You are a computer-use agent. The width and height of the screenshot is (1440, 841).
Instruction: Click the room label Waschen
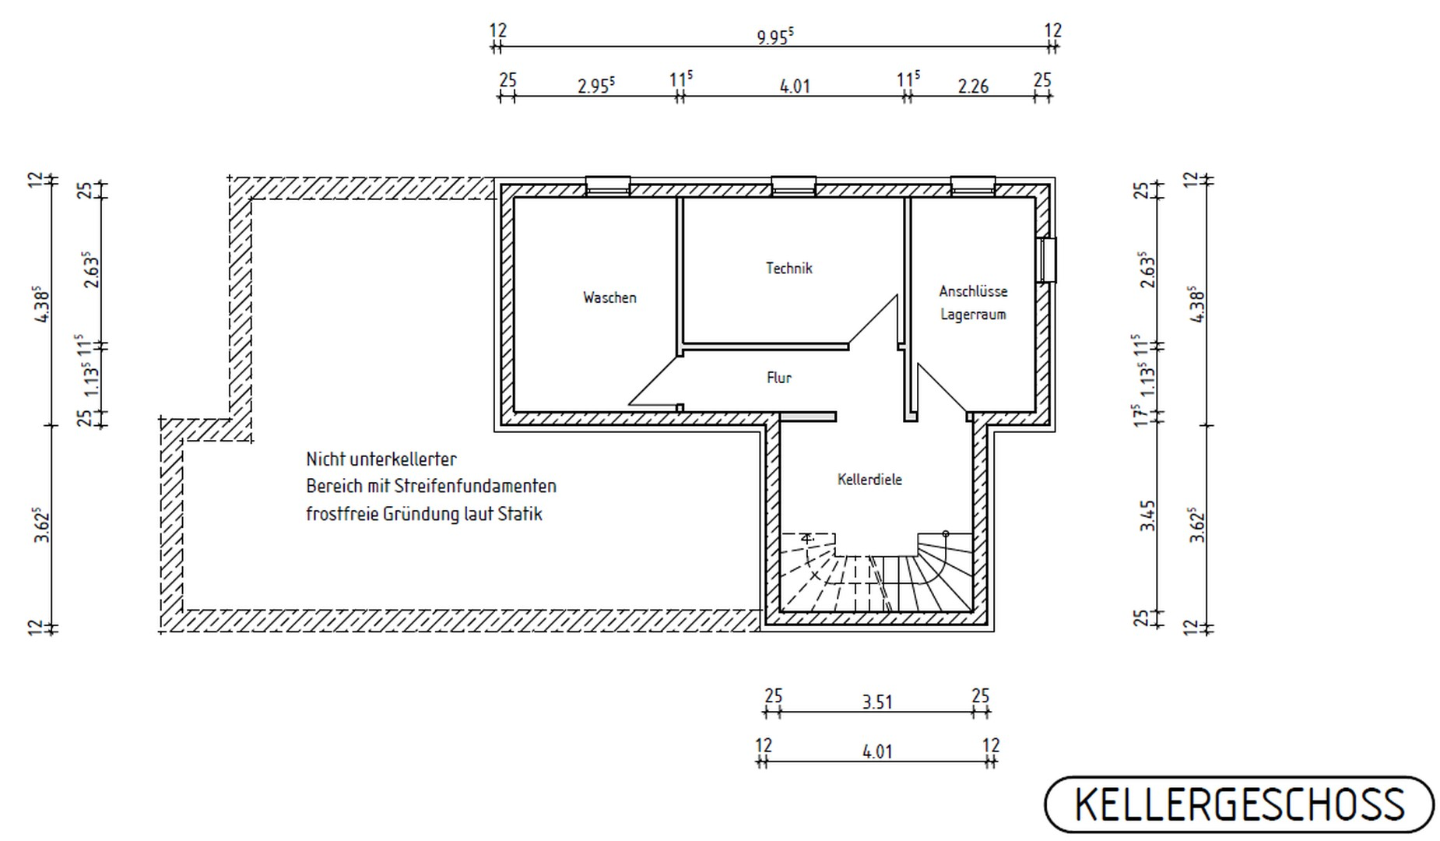point(609,297)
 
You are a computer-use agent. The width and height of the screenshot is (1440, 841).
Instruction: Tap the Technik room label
point(788,268)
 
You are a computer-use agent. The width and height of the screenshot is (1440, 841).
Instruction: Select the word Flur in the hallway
point(778,378)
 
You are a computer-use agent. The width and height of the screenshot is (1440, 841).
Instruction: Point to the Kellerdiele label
point(869,480)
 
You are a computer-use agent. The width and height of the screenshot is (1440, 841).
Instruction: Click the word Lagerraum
point(973,315)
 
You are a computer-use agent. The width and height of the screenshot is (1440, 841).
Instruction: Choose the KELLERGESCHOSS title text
point(1239,805)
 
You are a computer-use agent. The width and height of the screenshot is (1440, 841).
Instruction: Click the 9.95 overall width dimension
point(775,37)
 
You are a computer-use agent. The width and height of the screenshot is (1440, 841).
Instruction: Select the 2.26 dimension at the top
point(973,86)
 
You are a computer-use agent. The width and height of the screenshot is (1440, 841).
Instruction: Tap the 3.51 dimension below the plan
point(877,702)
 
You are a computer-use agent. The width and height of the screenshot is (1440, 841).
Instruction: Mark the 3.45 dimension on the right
point(1148,516)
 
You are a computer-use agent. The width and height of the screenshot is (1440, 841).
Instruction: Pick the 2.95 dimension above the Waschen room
point(596,84)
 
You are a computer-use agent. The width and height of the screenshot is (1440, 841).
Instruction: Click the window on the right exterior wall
point(1046,259)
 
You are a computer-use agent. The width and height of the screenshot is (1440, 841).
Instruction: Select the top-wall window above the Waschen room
point(608,186)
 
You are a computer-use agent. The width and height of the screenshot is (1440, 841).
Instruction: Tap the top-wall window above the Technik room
point(794,186)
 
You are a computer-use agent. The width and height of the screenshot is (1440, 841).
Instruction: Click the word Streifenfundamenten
point(476,486)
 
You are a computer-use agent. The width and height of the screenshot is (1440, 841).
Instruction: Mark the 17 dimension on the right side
point(1143,414)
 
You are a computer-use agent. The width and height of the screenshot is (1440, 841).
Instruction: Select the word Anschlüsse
point(973,291)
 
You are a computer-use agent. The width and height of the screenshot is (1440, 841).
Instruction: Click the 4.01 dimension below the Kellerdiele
point(877,751)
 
